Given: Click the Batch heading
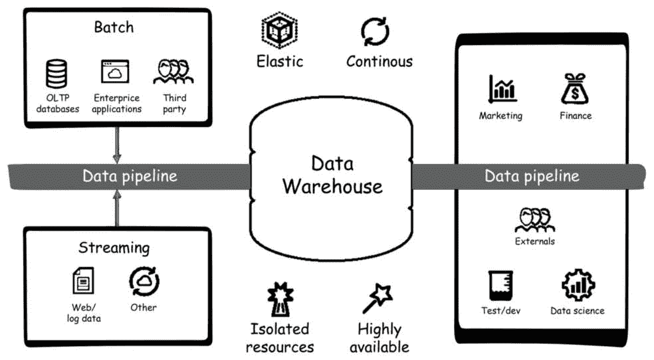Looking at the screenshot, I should click(114, 27).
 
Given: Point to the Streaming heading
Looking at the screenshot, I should click(114, 248).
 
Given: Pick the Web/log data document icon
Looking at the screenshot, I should click(81, 281).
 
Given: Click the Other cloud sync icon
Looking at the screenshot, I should click(144, 280).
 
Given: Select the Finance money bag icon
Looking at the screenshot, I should click(574, 88).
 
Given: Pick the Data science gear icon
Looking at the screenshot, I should click(576, 286).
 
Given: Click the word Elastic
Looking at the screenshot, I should click(280, 61).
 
